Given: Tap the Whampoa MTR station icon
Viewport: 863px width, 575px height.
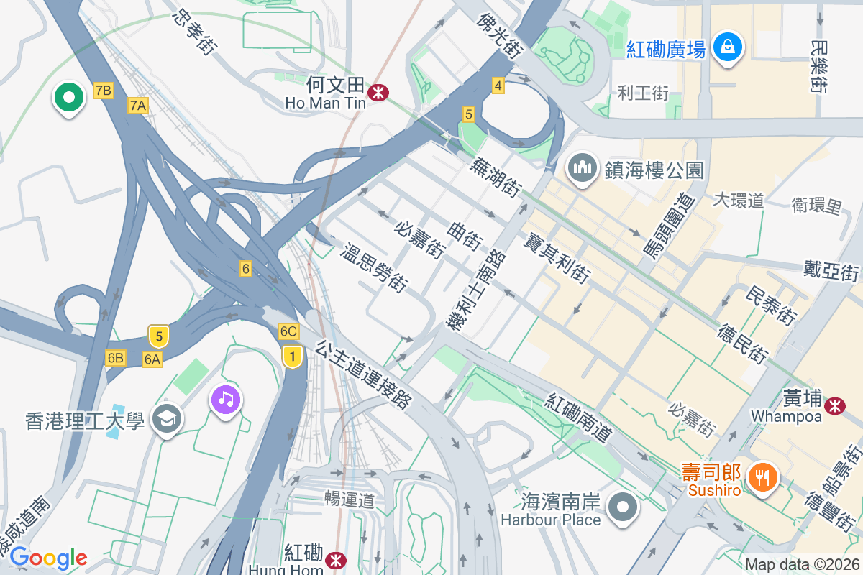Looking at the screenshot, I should click(x=835, y=405).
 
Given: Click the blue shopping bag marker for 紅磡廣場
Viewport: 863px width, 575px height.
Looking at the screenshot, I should click(x=728, y=47).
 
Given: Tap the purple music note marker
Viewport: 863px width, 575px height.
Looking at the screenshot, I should click(x=226, y=398).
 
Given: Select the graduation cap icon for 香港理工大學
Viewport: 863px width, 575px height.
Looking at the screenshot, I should click(x=167, y=420).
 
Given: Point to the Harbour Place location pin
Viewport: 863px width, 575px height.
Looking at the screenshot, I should click(x=623, y=507).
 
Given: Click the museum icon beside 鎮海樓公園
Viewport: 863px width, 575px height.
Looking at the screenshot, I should click(x=582, y=169).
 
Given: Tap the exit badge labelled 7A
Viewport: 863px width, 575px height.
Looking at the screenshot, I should click(x=138, y=106).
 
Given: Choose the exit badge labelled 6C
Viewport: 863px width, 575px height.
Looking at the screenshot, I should click(x=288, y=331).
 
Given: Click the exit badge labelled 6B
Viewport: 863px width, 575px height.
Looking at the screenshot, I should click(x=115, y=358).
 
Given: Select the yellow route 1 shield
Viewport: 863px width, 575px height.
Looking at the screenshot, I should click(x=291, y=356).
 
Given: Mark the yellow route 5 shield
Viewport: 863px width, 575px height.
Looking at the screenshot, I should click(x=159, y=336).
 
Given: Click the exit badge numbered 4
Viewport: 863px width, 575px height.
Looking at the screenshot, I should click(x=498, y=86).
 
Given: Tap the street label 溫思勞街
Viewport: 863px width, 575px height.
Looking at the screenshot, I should click(x=374, y=268).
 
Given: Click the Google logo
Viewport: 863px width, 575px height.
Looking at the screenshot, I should click(x=48, y=558).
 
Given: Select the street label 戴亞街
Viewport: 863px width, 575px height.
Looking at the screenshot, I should click(x=832, y=272).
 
